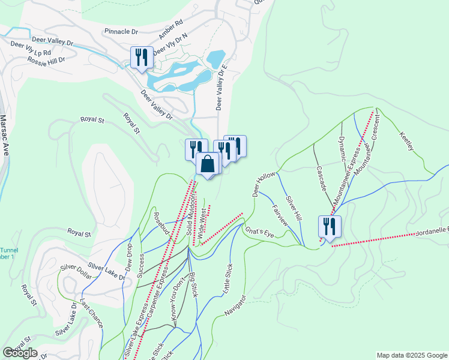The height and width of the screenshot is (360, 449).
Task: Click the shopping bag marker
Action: point(207,164)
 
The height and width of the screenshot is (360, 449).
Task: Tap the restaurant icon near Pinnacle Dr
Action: point(142,58)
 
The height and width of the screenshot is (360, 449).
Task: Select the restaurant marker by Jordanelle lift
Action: point(330,226)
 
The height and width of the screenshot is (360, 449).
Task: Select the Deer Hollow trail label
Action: point(263,184)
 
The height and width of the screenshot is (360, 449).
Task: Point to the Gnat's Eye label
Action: point(259,232)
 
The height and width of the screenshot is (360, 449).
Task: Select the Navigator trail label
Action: point(235,306)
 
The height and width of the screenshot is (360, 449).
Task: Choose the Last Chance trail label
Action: point(91,313)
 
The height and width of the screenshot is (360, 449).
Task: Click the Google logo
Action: point(20,353)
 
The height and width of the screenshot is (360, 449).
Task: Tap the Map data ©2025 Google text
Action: point(411,355)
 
